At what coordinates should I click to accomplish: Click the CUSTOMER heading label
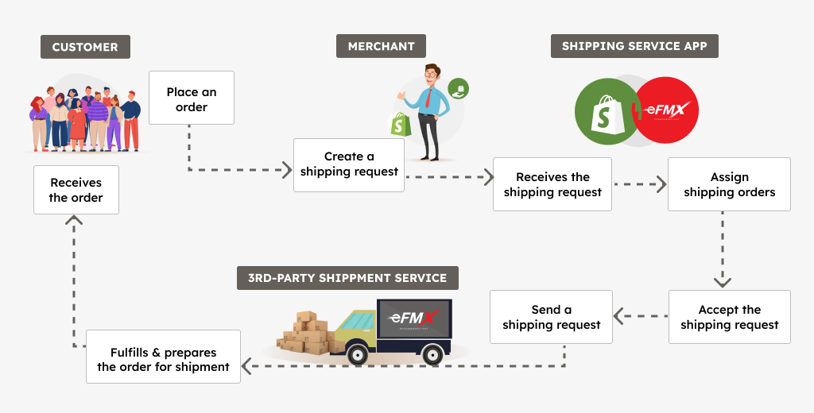(x=85, y=47)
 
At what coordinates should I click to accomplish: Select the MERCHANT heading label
(x=381, y=46)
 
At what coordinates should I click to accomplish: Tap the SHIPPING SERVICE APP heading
(x=634, y=46)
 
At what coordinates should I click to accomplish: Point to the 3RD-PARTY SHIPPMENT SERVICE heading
(x=347, y=278)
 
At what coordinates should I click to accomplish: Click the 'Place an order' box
(x=192, y=98)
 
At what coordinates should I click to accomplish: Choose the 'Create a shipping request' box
(x=349, y=164)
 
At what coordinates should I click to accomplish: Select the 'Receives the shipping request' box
(x=552, y=184)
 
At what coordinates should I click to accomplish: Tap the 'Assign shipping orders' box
(x=729, y=184)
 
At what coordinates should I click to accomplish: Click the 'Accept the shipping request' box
(x=729, y=317)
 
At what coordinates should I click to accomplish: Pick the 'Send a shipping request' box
(x=551, y=317)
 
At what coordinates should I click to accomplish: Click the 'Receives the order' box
(x=76, y=189)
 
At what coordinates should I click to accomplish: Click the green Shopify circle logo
(x=606, y=112)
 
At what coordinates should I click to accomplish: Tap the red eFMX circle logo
(x=666, y=110)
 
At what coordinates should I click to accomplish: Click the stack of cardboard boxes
(x=306, y=333)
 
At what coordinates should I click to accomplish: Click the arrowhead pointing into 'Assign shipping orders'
(x=661, y=184)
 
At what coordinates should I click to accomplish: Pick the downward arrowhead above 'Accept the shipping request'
(x=722, y=281)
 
